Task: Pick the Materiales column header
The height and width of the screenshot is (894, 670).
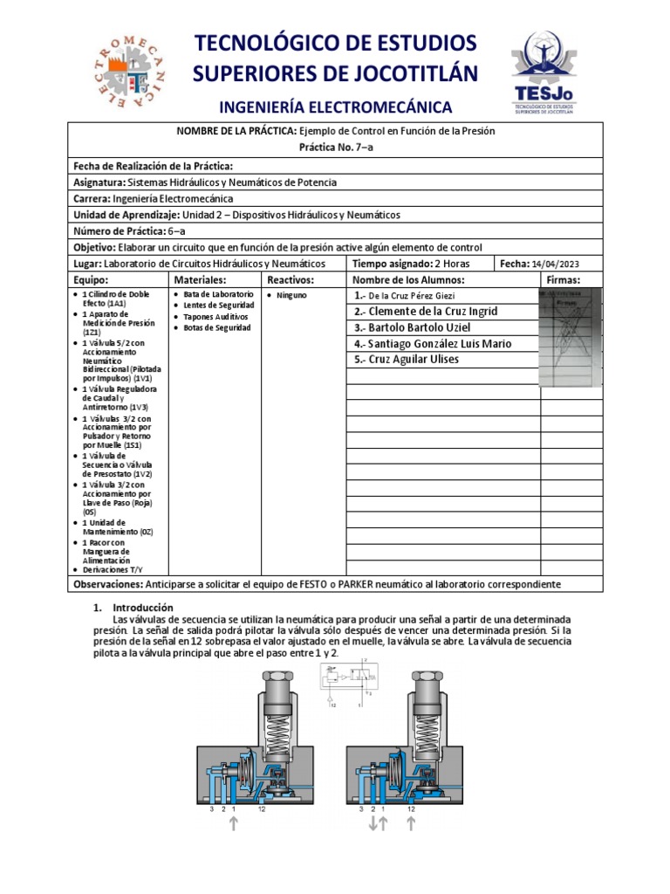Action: point(201,280)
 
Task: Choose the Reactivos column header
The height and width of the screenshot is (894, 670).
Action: point(291,280)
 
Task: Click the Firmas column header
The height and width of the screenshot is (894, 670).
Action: point(562,280)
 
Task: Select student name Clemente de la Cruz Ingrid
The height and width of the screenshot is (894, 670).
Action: point(427,312)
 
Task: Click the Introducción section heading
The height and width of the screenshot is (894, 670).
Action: point(140,608)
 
